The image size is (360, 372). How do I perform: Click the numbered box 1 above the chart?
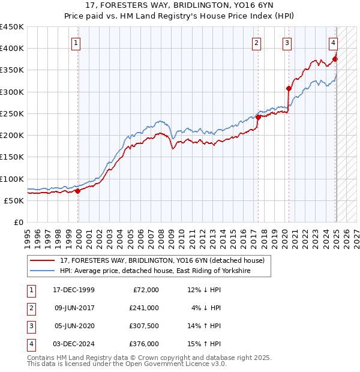click(77, 43)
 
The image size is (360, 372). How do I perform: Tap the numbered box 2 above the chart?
click(256, 43)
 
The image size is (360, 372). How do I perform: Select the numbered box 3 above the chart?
click(287, 43)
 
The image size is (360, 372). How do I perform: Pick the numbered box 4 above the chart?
click(333, 43)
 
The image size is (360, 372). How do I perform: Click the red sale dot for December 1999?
click(78, 191)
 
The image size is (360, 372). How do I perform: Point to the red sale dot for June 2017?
click(258, 118)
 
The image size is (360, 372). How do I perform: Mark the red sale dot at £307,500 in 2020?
click(289, 88)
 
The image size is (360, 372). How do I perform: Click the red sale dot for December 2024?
click(335, 59)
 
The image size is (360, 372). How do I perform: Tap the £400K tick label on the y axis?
click(12, 49)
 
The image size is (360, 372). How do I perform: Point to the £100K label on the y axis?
click(12, 179)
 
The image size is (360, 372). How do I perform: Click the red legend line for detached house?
click(42, 261)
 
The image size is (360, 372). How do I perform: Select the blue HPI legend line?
click(42, 271)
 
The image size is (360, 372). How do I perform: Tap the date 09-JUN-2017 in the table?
click(74, 308)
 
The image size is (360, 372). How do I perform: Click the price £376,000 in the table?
click(144, 344)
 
